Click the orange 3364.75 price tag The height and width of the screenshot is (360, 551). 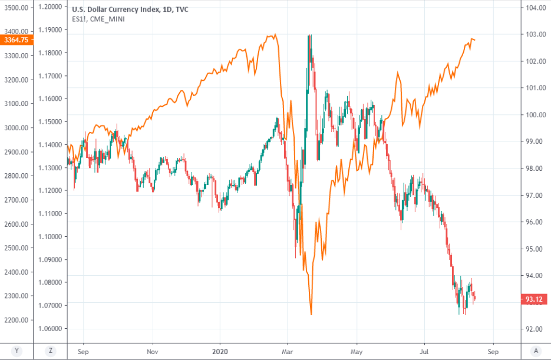click(15, 40)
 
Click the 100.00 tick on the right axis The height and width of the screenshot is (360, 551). click(535, 115)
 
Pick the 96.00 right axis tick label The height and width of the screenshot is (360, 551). click(535, 222)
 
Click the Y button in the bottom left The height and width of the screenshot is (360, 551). click(16, 351)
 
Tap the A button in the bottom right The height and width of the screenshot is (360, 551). click(535, 351)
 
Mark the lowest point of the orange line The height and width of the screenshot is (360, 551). click(311, 315)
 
